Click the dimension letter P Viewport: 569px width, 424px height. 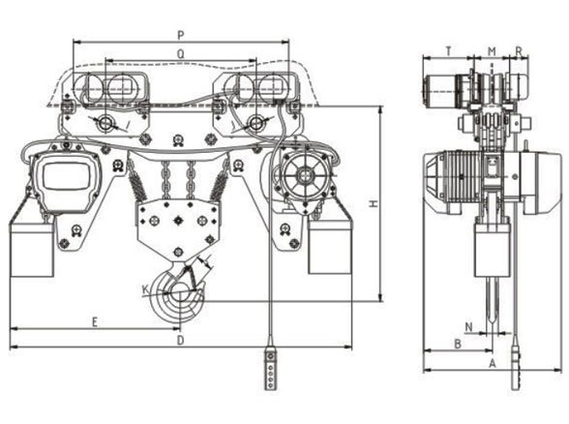pos(181,35)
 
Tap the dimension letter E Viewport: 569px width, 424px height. pos(95,319)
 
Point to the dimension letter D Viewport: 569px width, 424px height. pos(181,340)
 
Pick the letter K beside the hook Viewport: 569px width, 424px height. pos(144,288)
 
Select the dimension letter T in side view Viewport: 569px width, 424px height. pos(447,49)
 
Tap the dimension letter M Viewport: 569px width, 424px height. pos(492,49)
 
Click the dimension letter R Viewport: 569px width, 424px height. pos(519,49)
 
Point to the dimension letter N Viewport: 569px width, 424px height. pos(468,326)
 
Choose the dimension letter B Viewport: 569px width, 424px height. pos(457,345)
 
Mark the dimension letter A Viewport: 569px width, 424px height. pos(492,363)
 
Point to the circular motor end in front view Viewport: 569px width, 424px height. pos(304,177)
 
